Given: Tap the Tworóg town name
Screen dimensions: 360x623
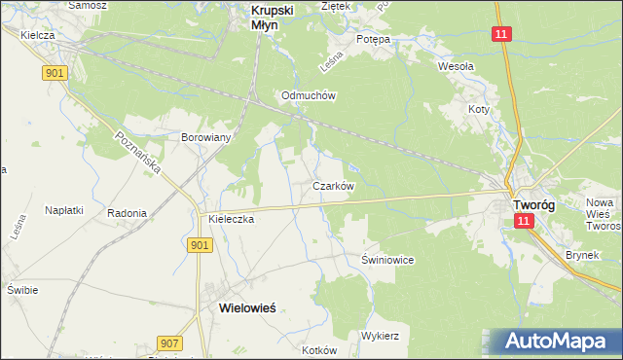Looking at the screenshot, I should coord(533,205).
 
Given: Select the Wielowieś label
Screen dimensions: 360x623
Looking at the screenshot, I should coord(241,306).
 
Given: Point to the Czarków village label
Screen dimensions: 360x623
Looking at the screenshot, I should coord(333,185).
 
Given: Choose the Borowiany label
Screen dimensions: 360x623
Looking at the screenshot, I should coord(206,137).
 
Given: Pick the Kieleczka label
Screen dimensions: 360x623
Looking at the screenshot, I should coord(231,220).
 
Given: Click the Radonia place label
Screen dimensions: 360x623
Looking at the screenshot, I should coord(128,213).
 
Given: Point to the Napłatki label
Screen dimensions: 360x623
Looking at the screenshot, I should coord(66,209).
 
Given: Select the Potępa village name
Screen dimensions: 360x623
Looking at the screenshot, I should coord(373,39).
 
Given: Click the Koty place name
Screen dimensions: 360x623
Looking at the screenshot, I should coord(478,109).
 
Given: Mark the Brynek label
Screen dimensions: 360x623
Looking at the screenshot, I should coord(582,256).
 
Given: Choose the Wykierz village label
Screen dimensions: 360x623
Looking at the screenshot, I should coord(381,335).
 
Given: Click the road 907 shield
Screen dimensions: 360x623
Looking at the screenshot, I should coord(168,342).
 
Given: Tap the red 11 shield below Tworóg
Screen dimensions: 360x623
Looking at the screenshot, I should coord(524,222).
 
